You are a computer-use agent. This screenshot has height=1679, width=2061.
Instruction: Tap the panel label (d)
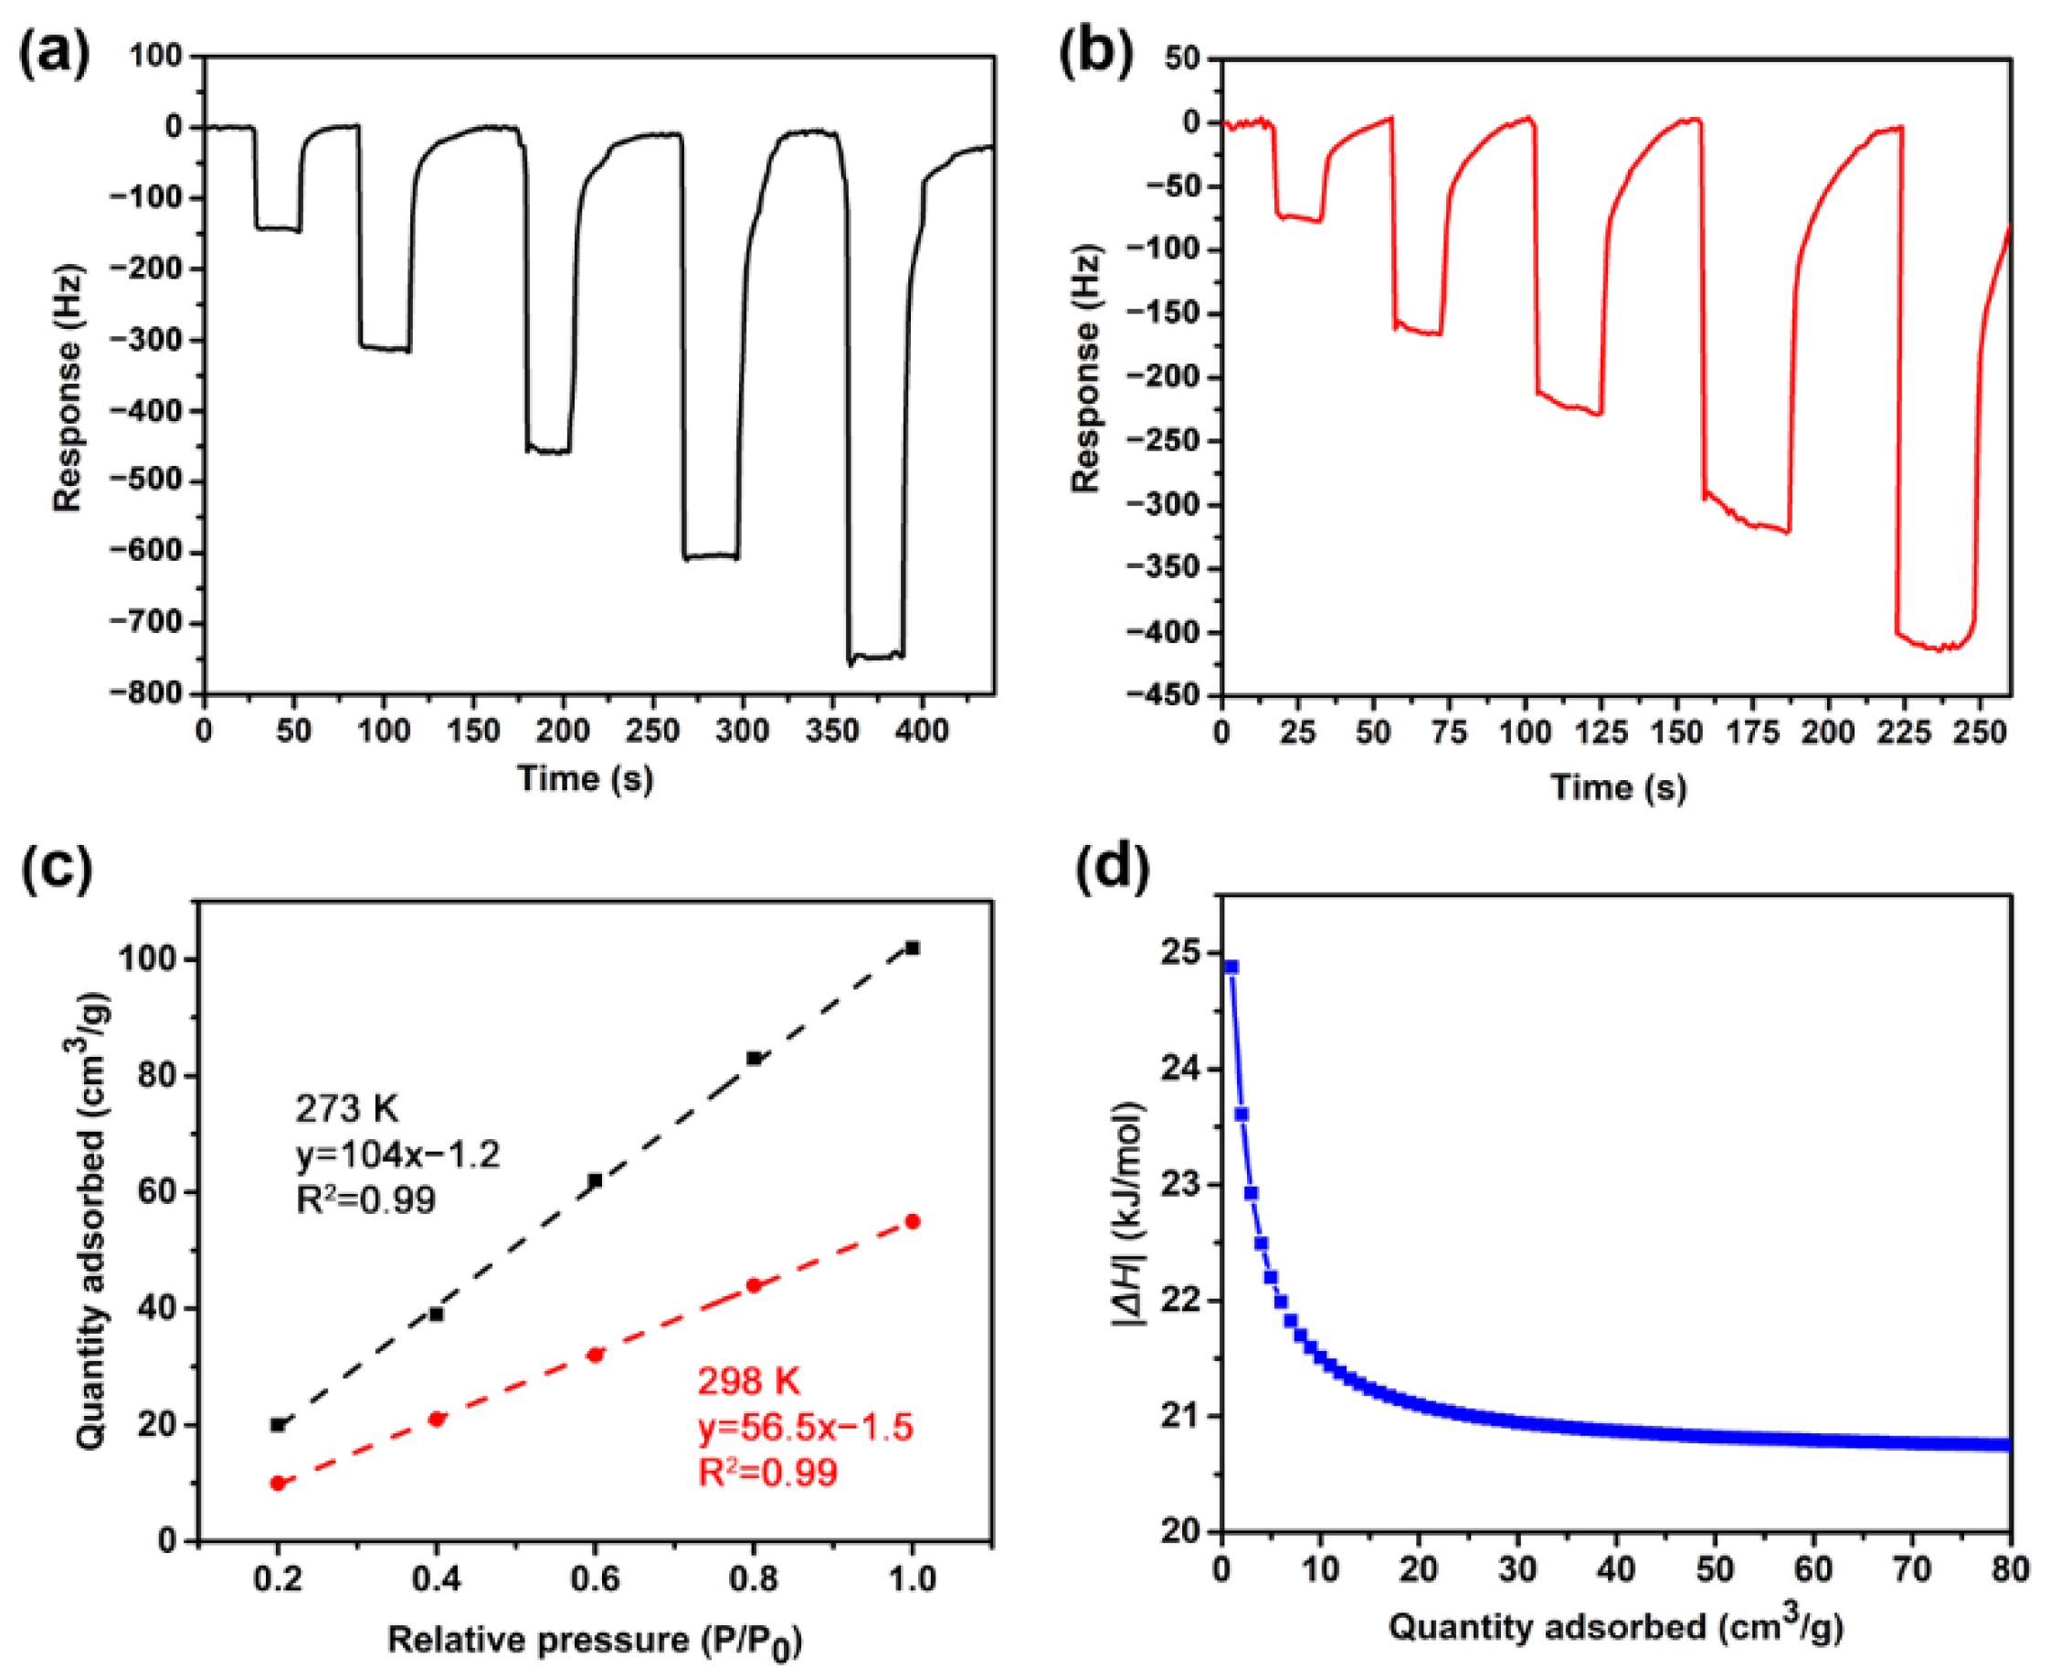1111,868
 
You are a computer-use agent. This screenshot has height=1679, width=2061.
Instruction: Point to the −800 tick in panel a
147,694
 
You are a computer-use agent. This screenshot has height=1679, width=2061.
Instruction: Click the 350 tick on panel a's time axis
831,731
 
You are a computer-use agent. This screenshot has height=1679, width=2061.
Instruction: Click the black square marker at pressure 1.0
912,948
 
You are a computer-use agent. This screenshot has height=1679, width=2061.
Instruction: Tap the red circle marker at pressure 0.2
278,1483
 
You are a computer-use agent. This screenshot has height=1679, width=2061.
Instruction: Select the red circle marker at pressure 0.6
595,1355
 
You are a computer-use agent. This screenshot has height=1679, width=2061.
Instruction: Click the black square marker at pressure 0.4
436,1315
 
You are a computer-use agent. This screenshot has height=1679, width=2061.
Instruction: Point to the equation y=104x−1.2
397,1154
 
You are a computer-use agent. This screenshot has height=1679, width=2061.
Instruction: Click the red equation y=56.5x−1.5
805,1427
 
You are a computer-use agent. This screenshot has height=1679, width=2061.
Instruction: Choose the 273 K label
346,1108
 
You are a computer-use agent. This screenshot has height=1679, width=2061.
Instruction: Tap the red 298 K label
748,1381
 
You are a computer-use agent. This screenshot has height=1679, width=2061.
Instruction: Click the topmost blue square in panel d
1231,966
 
